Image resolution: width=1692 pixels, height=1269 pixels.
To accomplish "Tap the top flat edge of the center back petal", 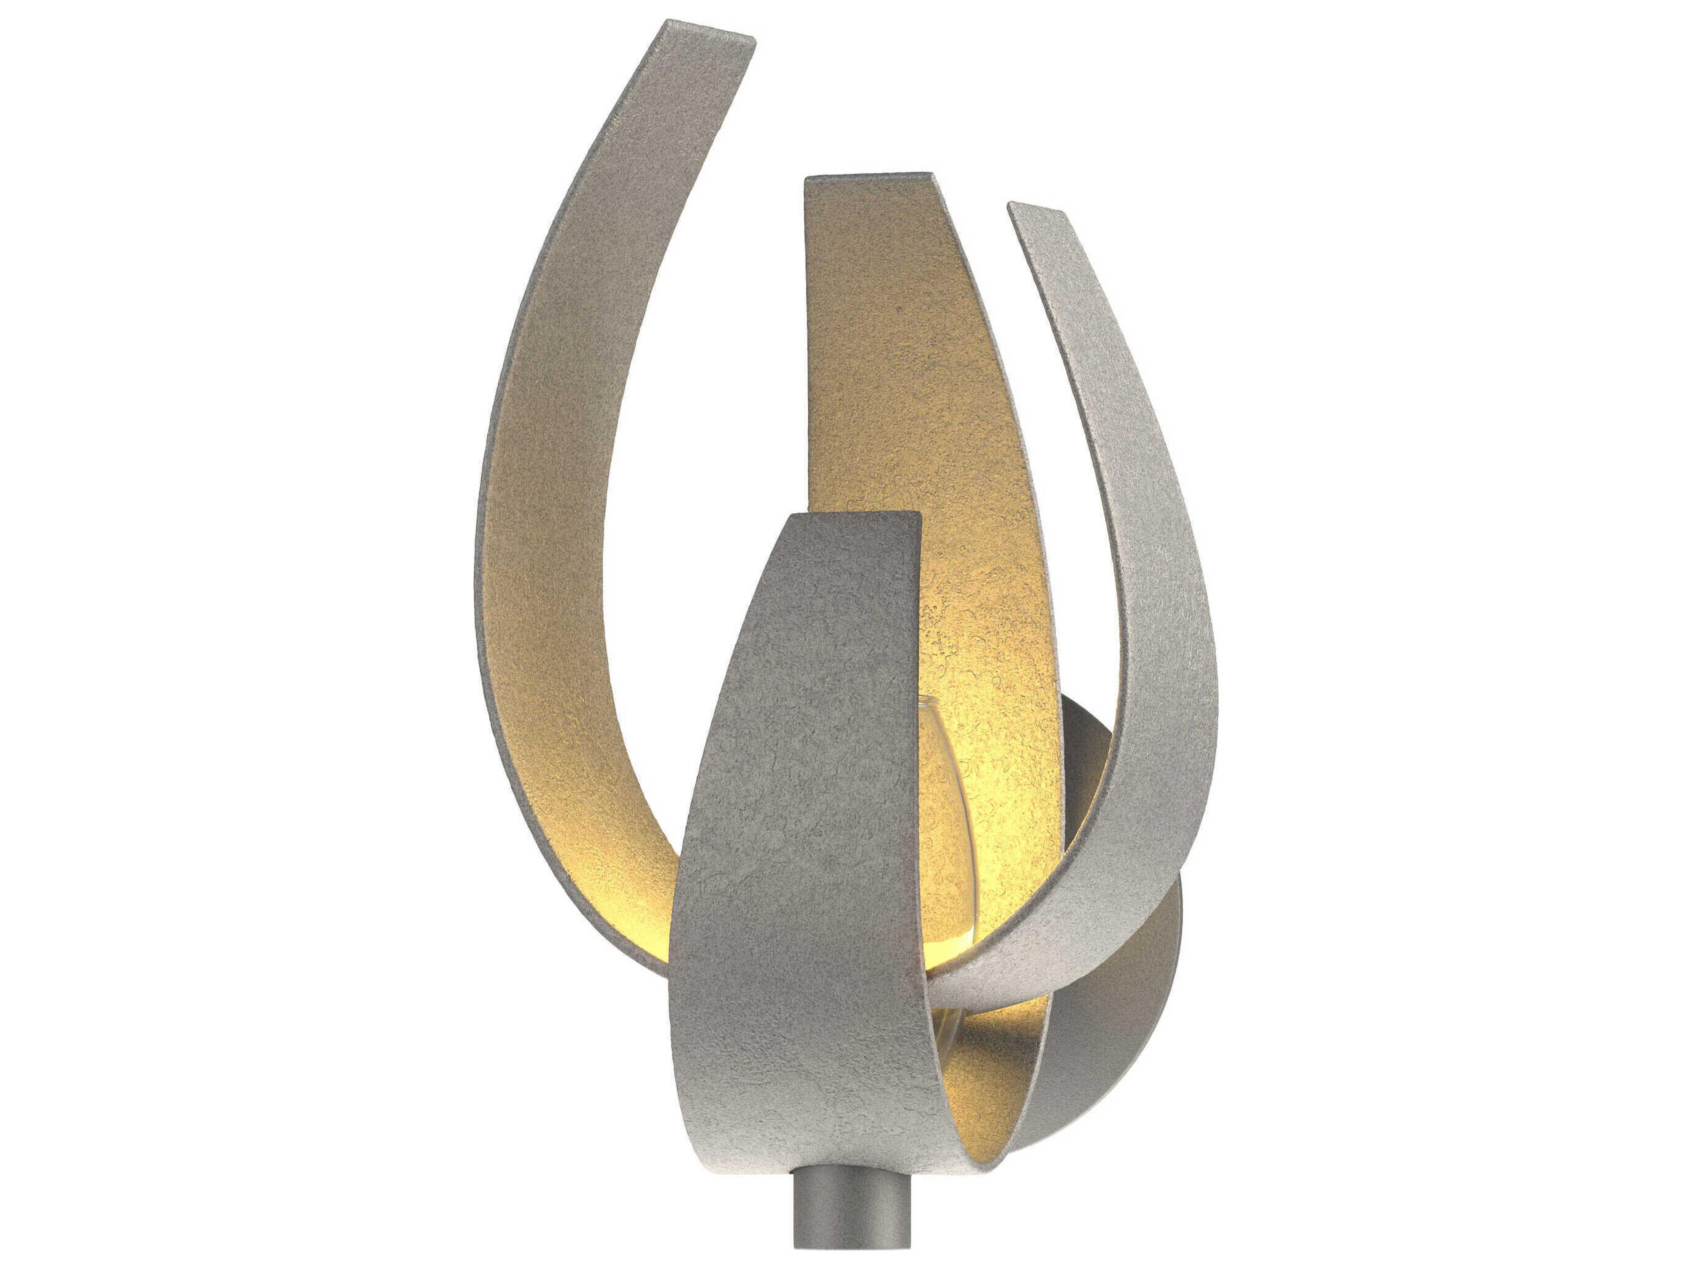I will [868, 178].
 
